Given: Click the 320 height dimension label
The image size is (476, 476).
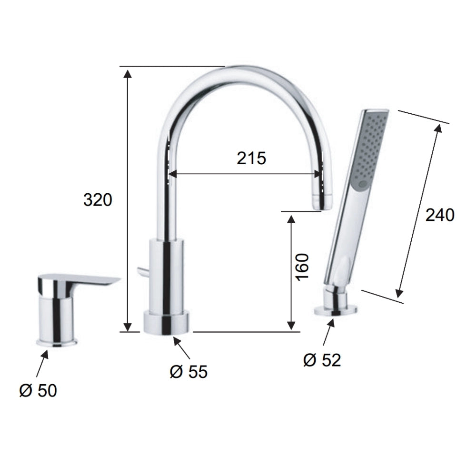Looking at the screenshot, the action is (x=98, y=200).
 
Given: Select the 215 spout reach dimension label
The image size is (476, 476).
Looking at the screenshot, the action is (x=251, y=158).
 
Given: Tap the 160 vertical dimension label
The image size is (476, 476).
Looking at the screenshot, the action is (x=302, y=267).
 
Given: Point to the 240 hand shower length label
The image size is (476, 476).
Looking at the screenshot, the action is (x=440, y=215).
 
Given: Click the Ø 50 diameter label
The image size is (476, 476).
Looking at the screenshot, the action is (x=38, y=390).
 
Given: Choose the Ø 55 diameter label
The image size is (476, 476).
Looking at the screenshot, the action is (x=188, y=371).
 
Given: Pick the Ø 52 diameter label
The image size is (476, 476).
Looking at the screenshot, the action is (x=322, y=360).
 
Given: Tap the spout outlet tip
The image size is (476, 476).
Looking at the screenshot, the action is (x=322, y=202).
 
